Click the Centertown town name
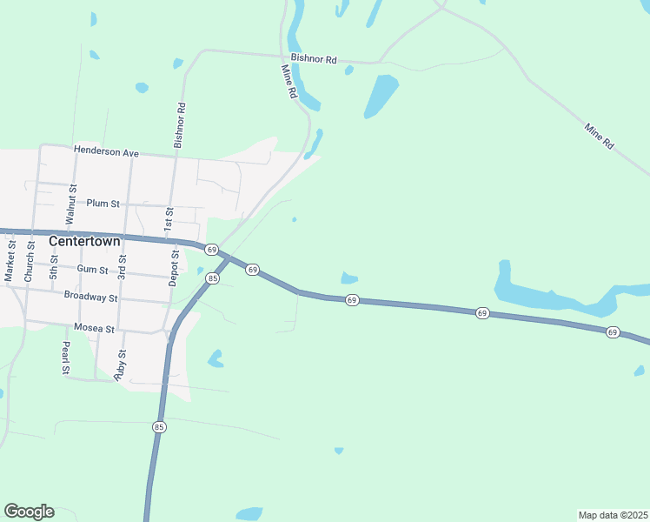coord(84,241)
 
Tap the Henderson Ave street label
coord(106,152)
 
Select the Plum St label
coord(103,204)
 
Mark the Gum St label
coord(92,271)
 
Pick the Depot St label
coord(175,268)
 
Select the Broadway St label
coord(90,297)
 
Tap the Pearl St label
coord(65,358)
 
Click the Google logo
coord(29,512)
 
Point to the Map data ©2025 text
coord(613,514)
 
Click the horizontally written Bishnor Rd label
coord(314,59)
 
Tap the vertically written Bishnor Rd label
coord(180,125)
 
